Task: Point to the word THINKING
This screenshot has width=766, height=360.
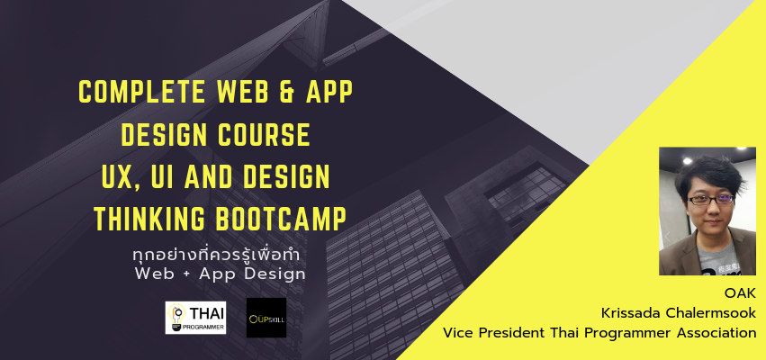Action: pyautogui.click(x=150, y=220)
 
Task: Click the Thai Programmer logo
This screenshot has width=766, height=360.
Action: pyautogui.click(x=195, y=318)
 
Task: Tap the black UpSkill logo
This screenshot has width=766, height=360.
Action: pyautogui.click(x=266, y=318)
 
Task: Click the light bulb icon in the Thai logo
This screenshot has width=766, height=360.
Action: pyautogui.click(x=176, y=317)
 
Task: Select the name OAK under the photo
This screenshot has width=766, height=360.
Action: pyautogui.click(x=740, y=293)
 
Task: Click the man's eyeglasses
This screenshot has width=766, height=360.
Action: pyautogui.click(x=711, y=200)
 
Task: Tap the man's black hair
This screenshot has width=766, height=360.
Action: pyautogui.click(x=711, y=174)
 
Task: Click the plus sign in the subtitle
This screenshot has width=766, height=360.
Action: pyautogui.click(x=186, y=274)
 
